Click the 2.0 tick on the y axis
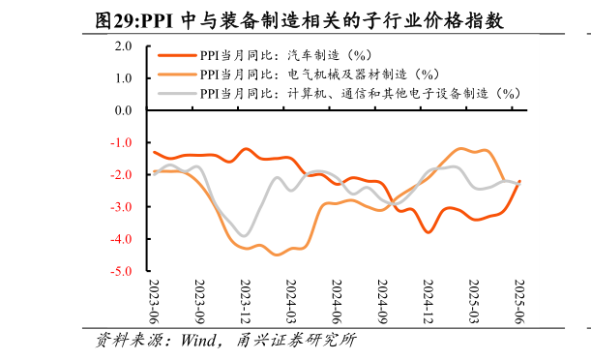click(x=123, y=45)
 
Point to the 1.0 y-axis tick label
click(x=123, y=77)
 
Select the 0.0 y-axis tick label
click(x=123, y=110)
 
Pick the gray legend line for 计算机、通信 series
click(x=176, y=93)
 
